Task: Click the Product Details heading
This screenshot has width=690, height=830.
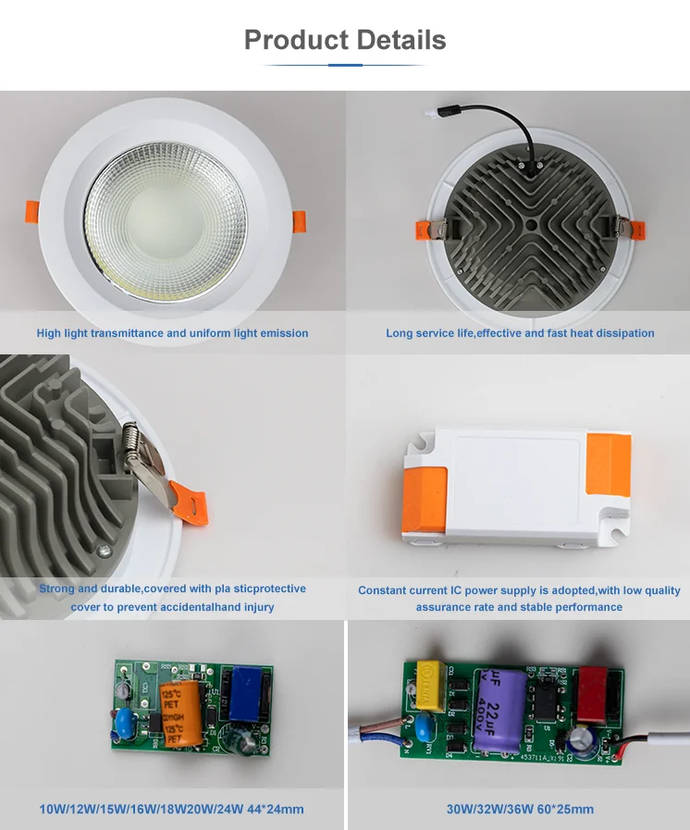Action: click(345, 40)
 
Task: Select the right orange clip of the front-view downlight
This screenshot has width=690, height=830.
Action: click(299, 223)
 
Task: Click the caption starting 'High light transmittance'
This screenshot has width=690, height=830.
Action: click(172, 333)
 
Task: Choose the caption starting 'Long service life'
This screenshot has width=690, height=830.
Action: click(520, 333)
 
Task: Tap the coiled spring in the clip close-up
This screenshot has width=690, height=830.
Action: click(133, 433)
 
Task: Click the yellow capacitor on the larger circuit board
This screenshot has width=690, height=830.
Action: click(430, 680)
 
